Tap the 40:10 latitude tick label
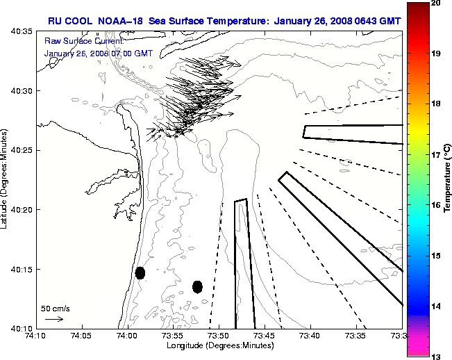coord(22,328)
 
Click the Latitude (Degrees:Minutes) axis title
coord(6,180)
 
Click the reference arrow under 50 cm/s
coord(54,319)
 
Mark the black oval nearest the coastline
coord(140,273)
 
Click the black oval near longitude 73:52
coord(197,286)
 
